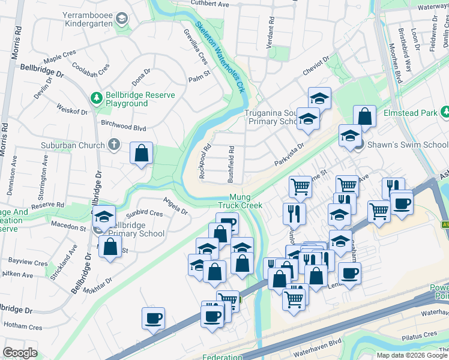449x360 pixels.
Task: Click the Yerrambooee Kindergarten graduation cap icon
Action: click(122, 19)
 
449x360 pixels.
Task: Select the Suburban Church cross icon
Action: click(114, 144)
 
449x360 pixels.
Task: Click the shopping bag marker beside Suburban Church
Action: click(141, 153)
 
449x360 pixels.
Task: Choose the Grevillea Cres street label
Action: click(196, 47)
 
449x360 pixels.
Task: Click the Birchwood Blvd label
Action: click(124, 127)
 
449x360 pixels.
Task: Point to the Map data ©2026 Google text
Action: click(412, 355)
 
